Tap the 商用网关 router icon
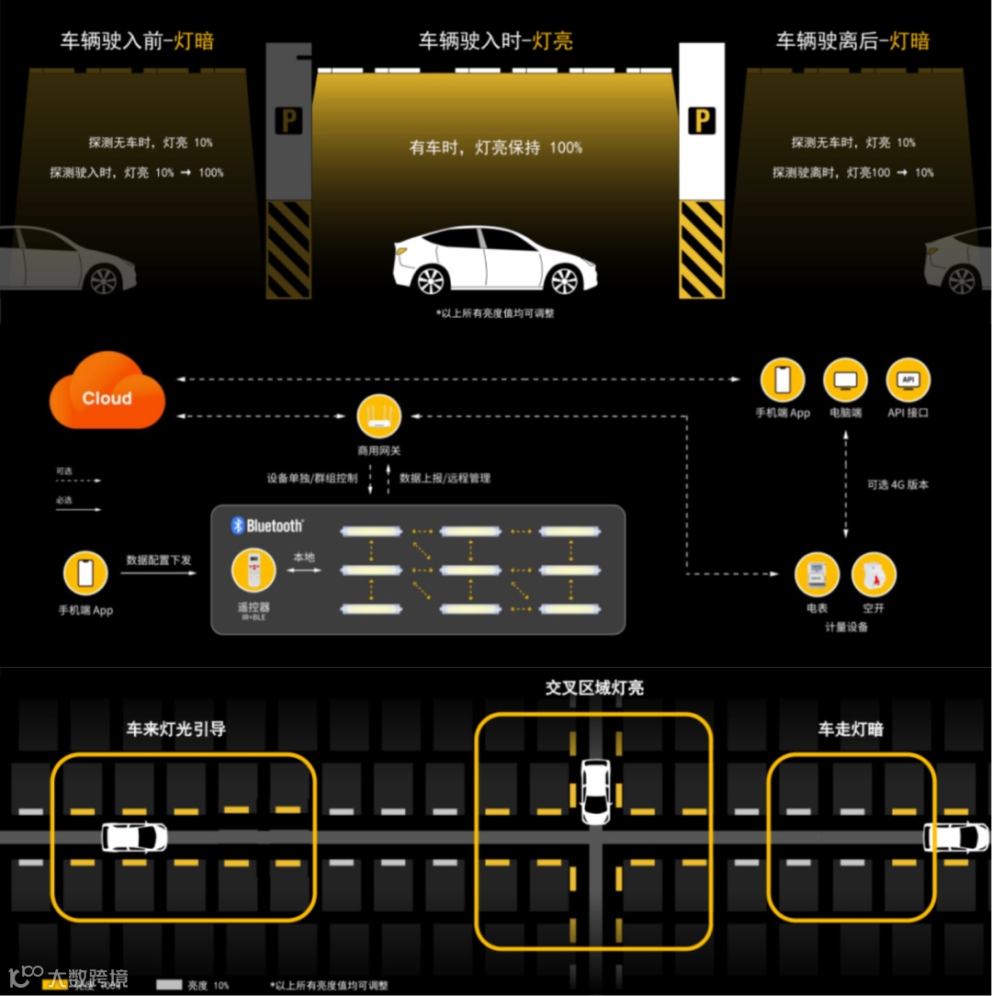pyautogui.click(x=378, y=417)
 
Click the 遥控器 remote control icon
pyautogui.click(x=253, y=572)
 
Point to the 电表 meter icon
pyautogui.click(x=817, y=575)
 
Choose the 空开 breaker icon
pyautogui.click(x=873, y=575)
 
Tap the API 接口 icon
pyautogui.click(x=907, y=380)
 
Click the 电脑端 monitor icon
pyautogui.click(x=845, y=380)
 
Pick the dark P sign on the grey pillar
pyautogui.click(x=288, y=121)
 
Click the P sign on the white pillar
pyautogui.click(x=702, y=120)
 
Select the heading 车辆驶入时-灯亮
pyautogui.click(x=496, y=40)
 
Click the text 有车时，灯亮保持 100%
pyautogui.click(x=496, y=147)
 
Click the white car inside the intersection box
pyautogui.click(x=595, y=791)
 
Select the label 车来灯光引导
pyautogui.click(x=175, y=729)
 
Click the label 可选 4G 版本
pyautogui.click(x=897, y=484)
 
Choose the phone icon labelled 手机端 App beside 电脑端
pyautogui.click(x=783, y=380)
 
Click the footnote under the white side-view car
pyautogui.click(x=495, y=312)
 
